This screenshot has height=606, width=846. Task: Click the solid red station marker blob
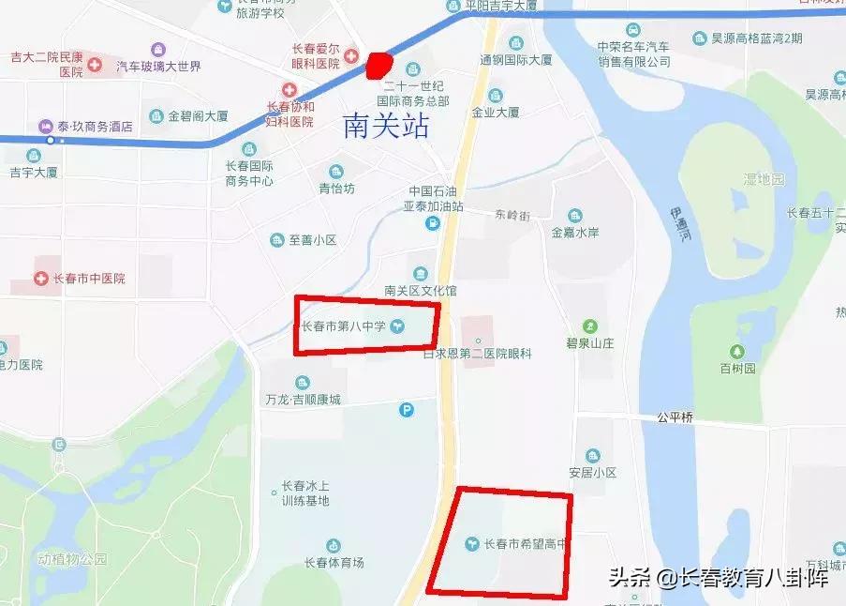click(378, 65)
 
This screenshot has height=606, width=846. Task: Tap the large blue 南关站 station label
click(386, 127)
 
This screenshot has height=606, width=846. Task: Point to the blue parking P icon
click(407, 409)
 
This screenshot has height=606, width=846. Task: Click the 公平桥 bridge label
click(674, 417)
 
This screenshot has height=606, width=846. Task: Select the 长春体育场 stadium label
click(334, 563)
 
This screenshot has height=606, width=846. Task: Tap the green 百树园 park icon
click(737, 353)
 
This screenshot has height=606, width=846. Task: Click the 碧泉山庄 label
click(590, 342)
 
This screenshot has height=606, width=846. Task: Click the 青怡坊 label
click(336, 188)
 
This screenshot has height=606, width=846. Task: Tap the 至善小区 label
click(312, 240)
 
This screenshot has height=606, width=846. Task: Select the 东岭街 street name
click(512, 214)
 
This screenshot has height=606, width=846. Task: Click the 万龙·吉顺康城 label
click(303, 399)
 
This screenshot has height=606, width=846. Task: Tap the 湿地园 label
click(764, 178)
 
